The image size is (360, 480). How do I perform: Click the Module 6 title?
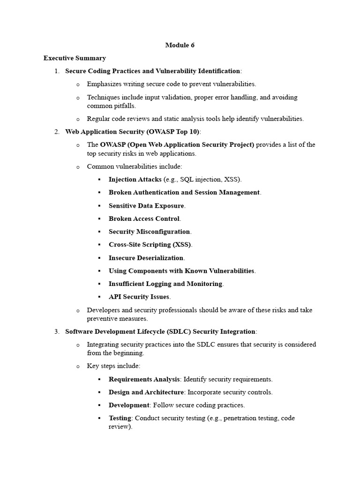pyautogui.click(x=180, y=45)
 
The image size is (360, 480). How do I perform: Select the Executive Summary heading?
pyautogui.click(x=75, y=58)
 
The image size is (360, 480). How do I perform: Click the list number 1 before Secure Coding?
pyautogui.click(x=56, y=71)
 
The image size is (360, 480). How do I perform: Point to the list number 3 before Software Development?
pyautogui.click(x=56, y=331)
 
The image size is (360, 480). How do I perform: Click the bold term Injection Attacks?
pyautogui.click(x=135, y=180)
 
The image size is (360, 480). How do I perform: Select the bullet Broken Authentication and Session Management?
pyautogui.click(x=184, y=192)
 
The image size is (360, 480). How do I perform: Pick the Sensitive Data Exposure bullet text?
pyautogui.click(x=147, y=205)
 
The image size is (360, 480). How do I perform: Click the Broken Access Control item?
pyautogui.click(x=144, y=218)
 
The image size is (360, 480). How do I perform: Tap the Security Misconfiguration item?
pyautogui.click(x=150, y=232)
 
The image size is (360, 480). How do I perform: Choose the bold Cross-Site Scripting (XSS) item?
pyautogui.click(x=150, y=245)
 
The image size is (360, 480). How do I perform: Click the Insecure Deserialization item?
pyautogui.click(x=146, y=258)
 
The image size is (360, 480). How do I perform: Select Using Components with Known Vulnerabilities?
pyautogui.click(x=181, y=270)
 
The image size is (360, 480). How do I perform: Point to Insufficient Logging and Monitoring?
pyautogui.click(x=165, y=284)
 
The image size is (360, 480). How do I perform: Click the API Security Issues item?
pyautogui.click(x=139, y=297)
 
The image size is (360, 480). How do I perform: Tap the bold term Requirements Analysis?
pyautogui.click(x=144, y=379)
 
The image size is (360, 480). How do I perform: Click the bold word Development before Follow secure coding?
pyautogui.click(x=129, y=405)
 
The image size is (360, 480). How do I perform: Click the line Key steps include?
pyautogui.click(x=113, y=366)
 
